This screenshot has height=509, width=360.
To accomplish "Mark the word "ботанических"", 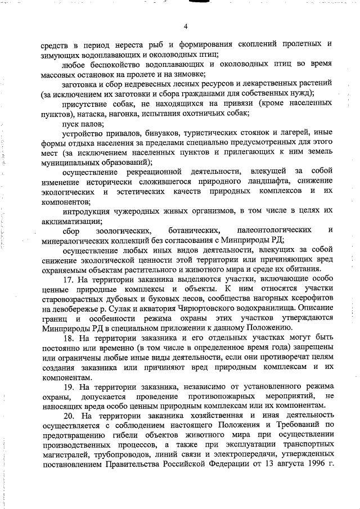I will point(192,231).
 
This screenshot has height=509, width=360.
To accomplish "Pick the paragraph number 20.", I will point(69,416).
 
